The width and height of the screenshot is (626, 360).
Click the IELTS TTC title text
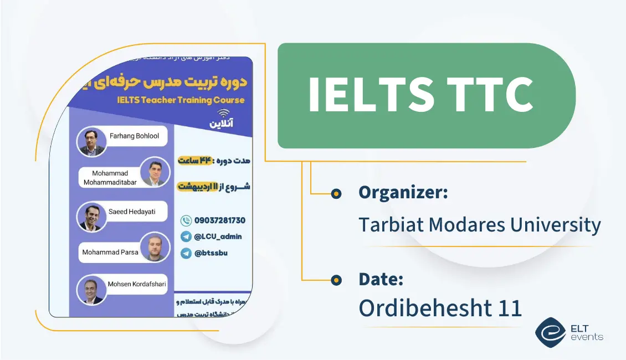pos(420,95)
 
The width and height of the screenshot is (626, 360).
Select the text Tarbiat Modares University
pos(479,225)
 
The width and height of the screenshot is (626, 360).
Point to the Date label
pos(381,279)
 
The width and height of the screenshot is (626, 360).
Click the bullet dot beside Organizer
pos(336,193)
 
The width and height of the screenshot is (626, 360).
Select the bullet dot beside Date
pos(336,280)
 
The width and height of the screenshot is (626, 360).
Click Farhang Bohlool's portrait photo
pos(91,142)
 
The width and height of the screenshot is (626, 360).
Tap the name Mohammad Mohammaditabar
pos(110,178)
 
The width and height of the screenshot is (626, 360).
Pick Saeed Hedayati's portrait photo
pos(91,217)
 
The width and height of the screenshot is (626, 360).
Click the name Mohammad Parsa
pos(110,252)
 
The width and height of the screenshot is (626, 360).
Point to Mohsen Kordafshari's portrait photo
pos(91,290)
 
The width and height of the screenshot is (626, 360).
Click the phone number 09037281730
pos(219,220)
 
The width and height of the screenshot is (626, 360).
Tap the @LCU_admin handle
pos(218,236)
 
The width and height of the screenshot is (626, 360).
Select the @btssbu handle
pos(211,253)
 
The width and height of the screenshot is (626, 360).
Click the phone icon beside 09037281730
pos(186,220)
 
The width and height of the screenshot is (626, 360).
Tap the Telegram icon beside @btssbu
pos(186,253)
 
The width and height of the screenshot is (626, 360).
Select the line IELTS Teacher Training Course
pos(181,100)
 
